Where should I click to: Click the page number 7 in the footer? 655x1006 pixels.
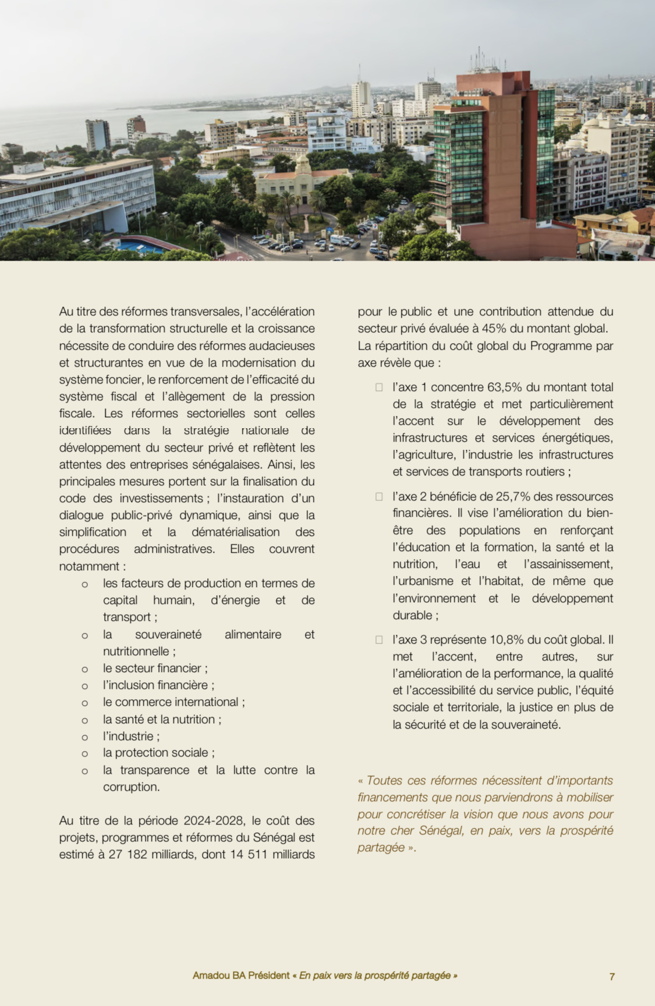(x=612, y=976)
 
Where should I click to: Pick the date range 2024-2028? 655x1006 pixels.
(x=214, y=820)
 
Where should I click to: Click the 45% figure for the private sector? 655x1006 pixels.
(x=494, y=328)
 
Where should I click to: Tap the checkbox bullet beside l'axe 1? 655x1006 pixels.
(x=379, y=387)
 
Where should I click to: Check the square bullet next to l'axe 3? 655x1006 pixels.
(x=379, y=639)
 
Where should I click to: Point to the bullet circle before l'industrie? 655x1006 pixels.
(x=85, y=737)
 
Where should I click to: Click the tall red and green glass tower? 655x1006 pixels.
(x=495, y=157)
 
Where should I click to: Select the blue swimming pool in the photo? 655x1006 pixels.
(x=140, y=247)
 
